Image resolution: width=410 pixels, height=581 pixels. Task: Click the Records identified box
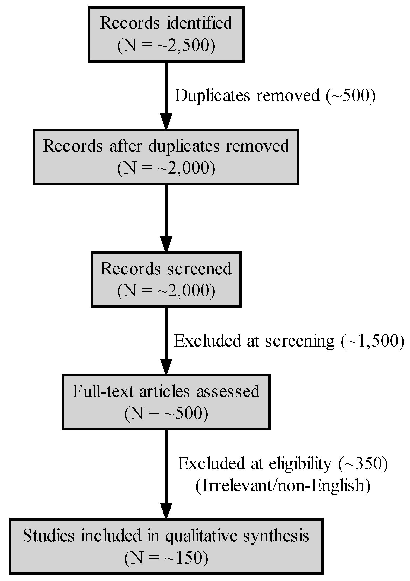(166, 34)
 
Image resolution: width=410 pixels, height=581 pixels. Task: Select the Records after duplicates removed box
(166, 157)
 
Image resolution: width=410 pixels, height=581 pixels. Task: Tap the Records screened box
(166, 279)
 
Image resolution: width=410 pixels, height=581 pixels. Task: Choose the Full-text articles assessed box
(166, 402)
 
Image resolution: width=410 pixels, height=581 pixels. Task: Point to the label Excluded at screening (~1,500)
(289, 341)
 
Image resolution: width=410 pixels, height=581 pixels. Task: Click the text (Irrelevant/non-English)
(283, 485)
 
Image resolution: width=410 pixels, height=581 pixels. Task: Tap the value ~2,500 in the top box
(183, 46)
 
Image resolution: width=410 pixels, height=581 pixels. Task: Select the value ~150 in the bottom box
(183, 558)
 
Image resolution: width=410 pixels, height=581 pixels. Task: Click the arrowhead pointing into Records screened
(166, 244)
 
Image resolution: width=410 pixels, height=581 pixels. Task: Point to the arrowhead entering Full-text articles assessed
(166, 367)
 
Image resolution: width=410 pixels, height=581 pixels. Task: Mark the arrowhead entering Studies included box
(166, 511)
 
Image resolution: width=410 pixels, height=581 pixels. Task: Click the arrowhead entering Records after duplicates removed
(166, 121)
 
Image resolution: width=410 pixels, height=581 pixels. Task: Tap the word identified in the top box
(199, 23)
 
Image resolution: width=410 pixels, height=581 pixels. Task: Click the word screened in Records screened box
(199, 268)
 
